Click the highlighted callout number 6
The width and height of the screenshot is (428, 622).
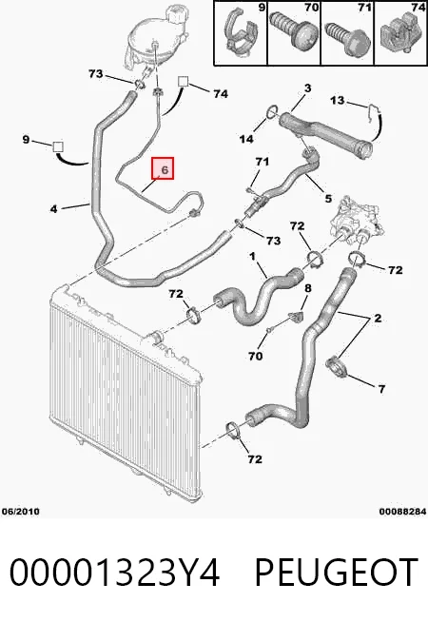pos(164,168)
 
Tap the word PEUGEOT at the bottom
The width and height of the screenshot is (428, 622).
pos(336,572)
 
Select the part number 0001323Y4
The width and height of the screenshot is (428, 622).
pos(114,572)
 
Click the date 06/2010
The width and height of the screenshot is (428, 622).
pos(20,511)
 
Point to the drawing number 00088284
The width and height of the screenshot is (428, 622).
pos(402,512)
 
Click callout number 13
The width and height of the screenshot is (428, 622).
pos(337,100)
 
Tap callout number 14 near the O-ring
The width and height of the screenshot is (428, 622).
pos(246,139)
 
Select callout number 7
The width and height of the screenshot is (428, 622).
pos(381,389)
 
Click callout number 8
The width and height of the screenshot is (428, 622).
pos(308,288)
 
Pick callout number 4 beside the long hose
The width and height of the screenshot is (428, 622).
pos(53,208)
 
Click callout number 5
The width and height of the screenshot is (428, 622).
pos(328,198)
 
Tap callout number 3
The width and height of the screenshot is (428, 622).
pos(308,87)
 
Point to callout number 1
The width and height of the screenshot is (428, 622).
pos(252,257)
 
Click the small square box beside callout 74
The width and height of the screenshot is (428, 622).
pos(183,82)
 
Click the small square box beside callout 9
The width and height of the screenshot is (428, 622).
pos(58,146)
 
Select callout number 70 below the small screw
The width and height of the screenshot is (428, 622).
pos(256,356)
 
